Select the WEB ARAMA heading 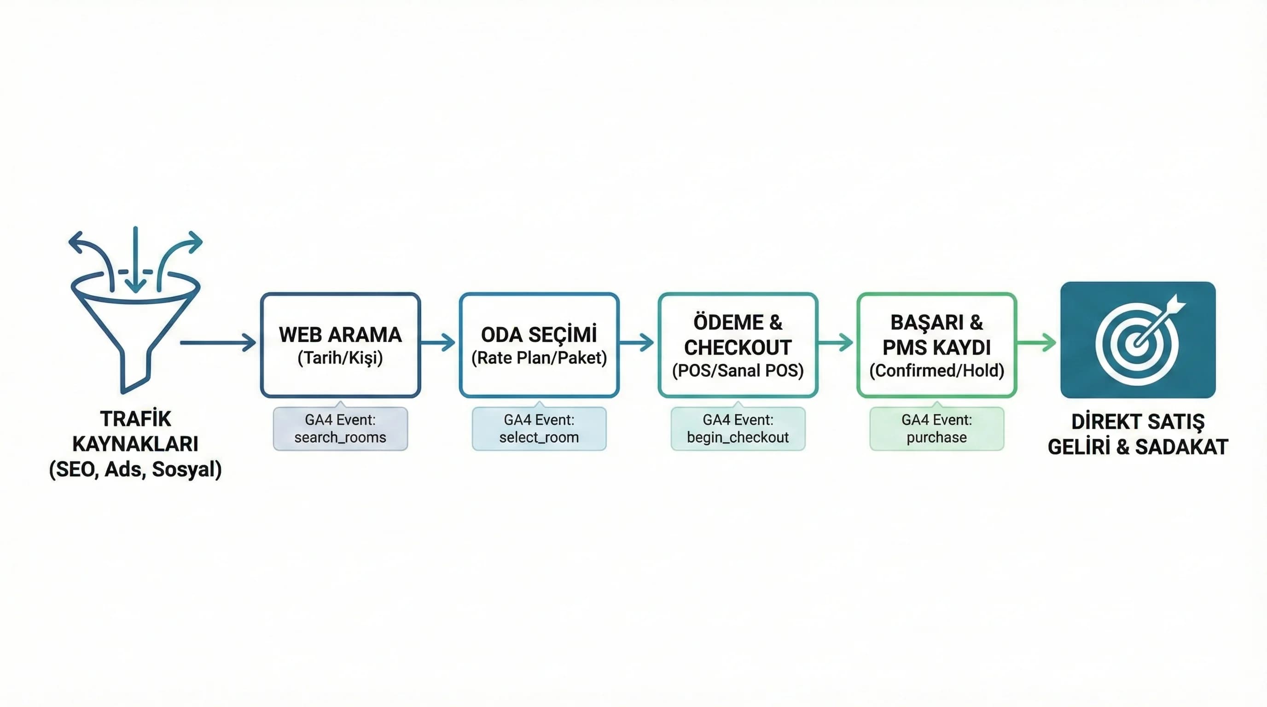tap(340, 335)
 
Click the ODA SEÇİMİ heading tap(539, 335)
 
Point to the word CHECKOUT tap(737, 348)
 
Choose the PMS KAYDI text tap(936, 348)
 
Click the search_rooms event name tap(340, 437)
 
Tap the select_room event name tap(539, 437)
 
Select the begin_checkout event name tap(737, 437)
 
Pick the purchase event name tap(936, 437)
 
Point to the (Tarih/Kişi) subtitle tap(340, 358)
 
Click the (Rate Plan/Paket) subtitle tap(539, 358)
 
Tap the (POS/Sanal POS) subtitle tap(737, 370)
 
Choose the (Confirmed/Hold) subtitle tap(936, 370)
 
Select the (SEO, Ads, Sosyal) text tap(135, 469)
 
